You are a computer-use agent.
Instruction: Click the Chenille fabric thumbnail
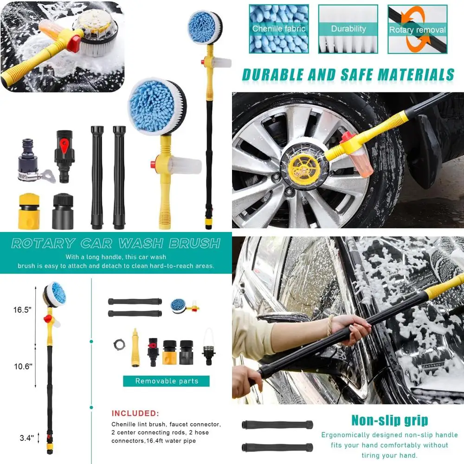(278, 29)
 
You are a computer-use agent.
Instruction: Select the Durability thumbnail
(348, 29)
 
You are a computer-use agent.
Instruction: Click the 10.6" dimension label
(22, 366)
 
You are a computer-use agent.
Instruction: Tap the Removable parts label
(166, 381)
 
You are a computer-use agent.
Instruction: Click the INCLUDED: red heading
(135, 413)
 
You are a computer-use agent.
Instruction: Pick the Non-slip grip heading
(389, 421)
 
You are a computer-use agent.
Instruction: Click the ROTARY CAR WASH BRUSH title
(116, 243)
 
